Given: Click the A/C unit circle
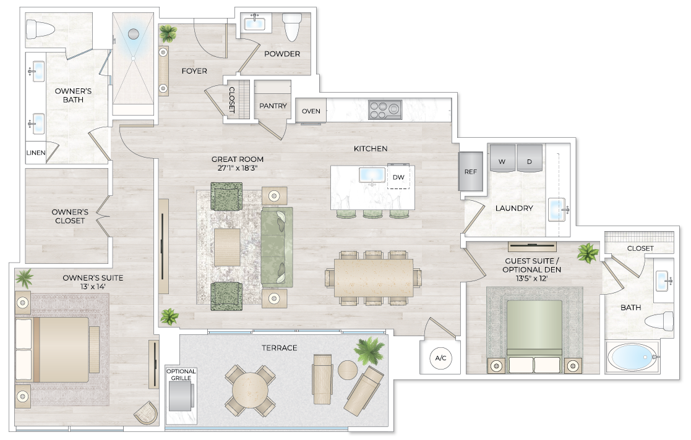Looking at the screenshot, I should [441, 358].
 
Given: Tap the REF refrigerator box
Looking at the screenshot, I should [471, 171].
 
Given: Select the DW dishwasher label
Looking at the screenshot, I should [398, 177].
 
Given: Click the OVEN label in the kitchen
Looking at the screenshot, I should [311, 111].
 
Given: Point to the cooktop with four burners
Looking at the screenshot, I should [385, 110].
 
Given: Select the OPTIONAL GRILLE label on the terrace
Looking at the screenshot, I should [181, 374].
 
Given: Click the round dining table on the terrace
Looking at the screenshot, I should [250, 390].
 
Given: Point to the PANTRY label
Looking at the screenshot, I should [273, 106].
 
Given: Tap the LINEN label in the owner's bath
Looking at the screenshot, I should [36, 153].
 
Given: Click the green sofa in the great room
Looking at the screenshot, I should [277, 247].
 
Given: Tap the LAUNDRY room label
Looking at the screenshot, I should [514, 208].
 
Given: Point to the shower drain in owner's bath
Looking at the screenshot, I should [133, 35].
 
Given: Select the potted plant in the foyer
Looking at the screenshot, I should [167, 32].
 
